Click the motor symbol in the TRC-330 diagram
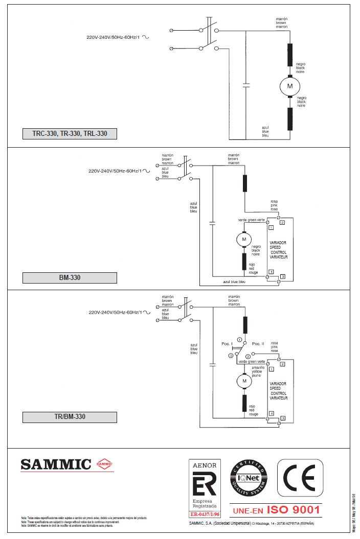[289, 86]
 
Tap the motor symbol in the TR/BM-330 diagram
[244, 381]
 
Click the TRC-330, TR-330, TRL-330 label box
[70, 134]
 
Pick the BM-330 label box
[70, 278]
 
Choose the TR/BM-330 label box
[70, 417]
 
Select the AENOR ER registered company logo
[205, 487]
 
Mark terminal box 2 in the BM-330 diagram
[282, 222]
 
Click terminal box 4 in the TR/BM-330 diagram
[272, 413]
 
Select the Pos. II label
[259, 343]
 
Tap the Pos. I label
[227, 343]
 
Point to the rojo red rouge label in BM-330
[254, 269]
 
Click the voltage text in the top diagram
[113, 37]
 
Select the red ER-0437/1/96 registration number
[205, 514]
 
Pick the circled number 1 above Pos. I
[239, 339]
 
